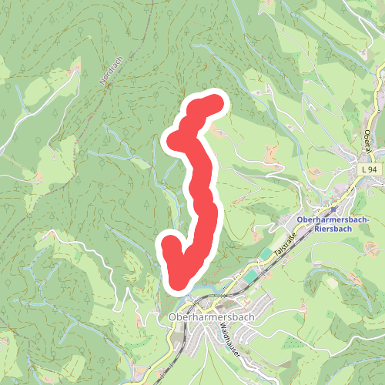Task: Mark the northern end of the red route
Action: (x=216, y=102)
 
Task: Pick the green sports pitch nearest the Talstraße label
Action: (x=265, y=253)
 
